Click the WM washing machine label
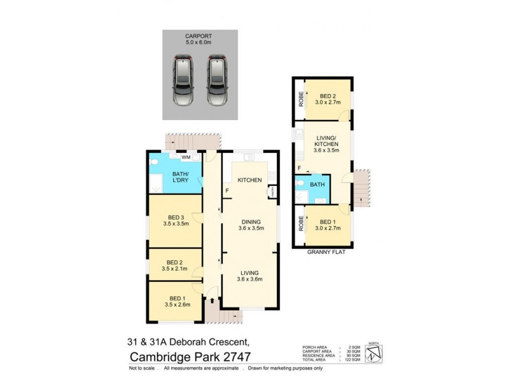186,157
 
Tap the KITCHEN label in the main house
250,180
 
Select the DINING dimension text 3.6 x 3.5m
249,229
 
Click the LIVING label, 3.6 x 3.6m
249,275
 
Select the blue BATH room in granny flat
316,185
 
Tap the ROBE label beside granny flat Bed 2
299,100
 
